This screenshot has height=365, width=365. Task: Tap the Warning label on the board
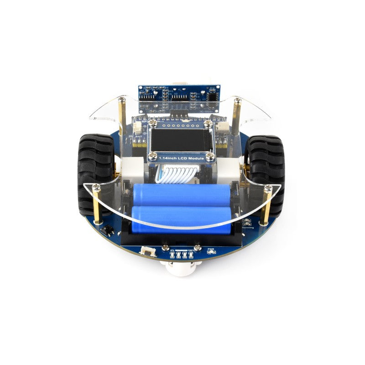(x=249, y=226)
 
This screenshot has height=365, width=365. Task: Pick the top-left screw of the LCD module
(x=153, y=123)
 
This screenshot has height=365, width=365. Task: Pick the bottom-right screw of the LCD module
(x=211, y=157)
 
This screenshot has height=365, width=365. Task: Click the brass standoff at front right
(x=268, y=203)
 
